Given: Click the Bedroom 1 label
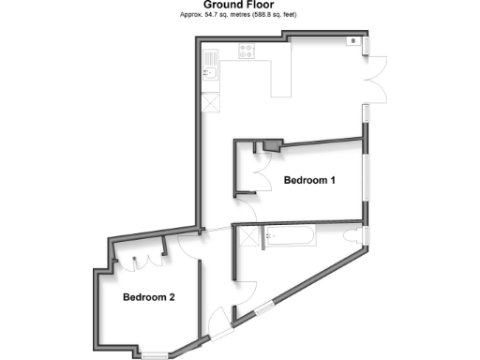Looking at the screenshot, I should pyautogui.click(x=309, y=179).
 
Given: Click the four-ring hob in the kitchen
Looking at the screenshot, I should pyautogui.click(x=248, y=52).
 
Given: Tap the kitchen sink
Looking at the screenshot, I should pyautogui.click(x=211, y=73).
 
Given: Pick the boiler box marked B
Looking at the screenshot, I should pyautogui.click(x=352, y=41).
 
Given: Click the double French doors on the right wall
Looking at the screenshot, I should pyautogui.click(x=377, y=78).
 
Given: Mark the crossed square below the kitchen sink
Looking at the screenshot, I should pyautogui.click(x=211, y=102).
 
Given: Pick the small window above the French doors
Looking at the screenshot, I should pyautogui.click(x=367, y=45).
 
